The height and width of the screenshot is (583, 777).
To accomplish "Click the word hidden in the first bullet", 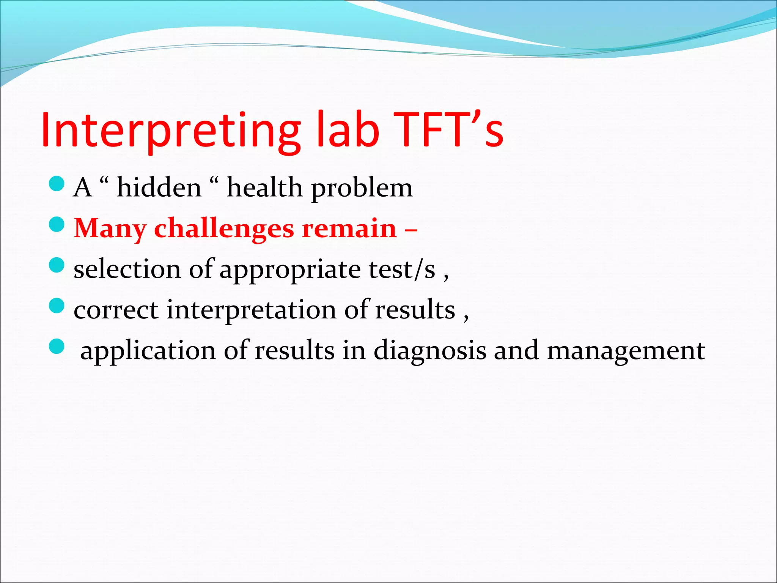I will point(159,188).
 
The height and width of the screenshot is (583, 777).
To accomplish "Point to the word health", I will point(264,188).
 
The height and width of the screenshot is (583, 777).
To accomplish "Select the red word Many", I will point(110,229).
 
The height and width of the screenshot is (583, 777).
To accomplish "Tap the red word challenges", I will point(224,229).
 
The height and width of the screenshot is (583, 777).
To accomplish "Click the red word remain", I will point(349,229).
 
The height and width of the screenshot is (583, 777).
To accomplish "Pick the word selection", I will point(127,269).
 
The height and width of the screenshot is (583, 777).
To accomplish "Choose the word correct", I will point(116,310).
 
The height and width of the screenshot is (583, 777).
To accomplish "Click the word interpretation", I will point(251,310).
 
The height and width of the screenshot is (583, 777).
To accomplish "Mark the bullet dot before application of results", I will point(57,346).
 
